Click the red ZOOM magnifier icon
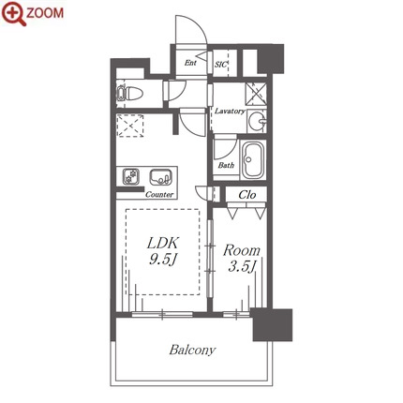coord(14,14)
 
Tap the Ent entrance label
coord(190,63)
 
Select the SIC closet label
coord(220,65)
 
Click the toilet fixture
coord(129,93)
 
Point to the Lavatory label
coord(230,111)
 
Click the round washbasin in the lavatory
coord(258,120)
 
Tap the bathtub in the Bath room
coord(253,160)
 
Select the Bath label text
coord(226,165)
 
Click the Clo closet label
coord(247,195)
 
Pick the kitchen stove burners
coord(130,177)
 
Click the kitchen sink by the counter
coord(160,177)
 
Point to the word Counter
coord(159,194)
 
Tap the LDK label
coord(163,243)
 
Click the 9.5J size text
coord(163,259)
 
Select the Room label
coord(242,250)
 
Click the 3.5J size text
coord(242,266)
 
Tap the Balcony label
coord(192,350)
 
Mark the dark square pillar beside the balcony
coord(273,325)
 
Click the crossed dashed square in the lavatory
coord(256,94)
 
